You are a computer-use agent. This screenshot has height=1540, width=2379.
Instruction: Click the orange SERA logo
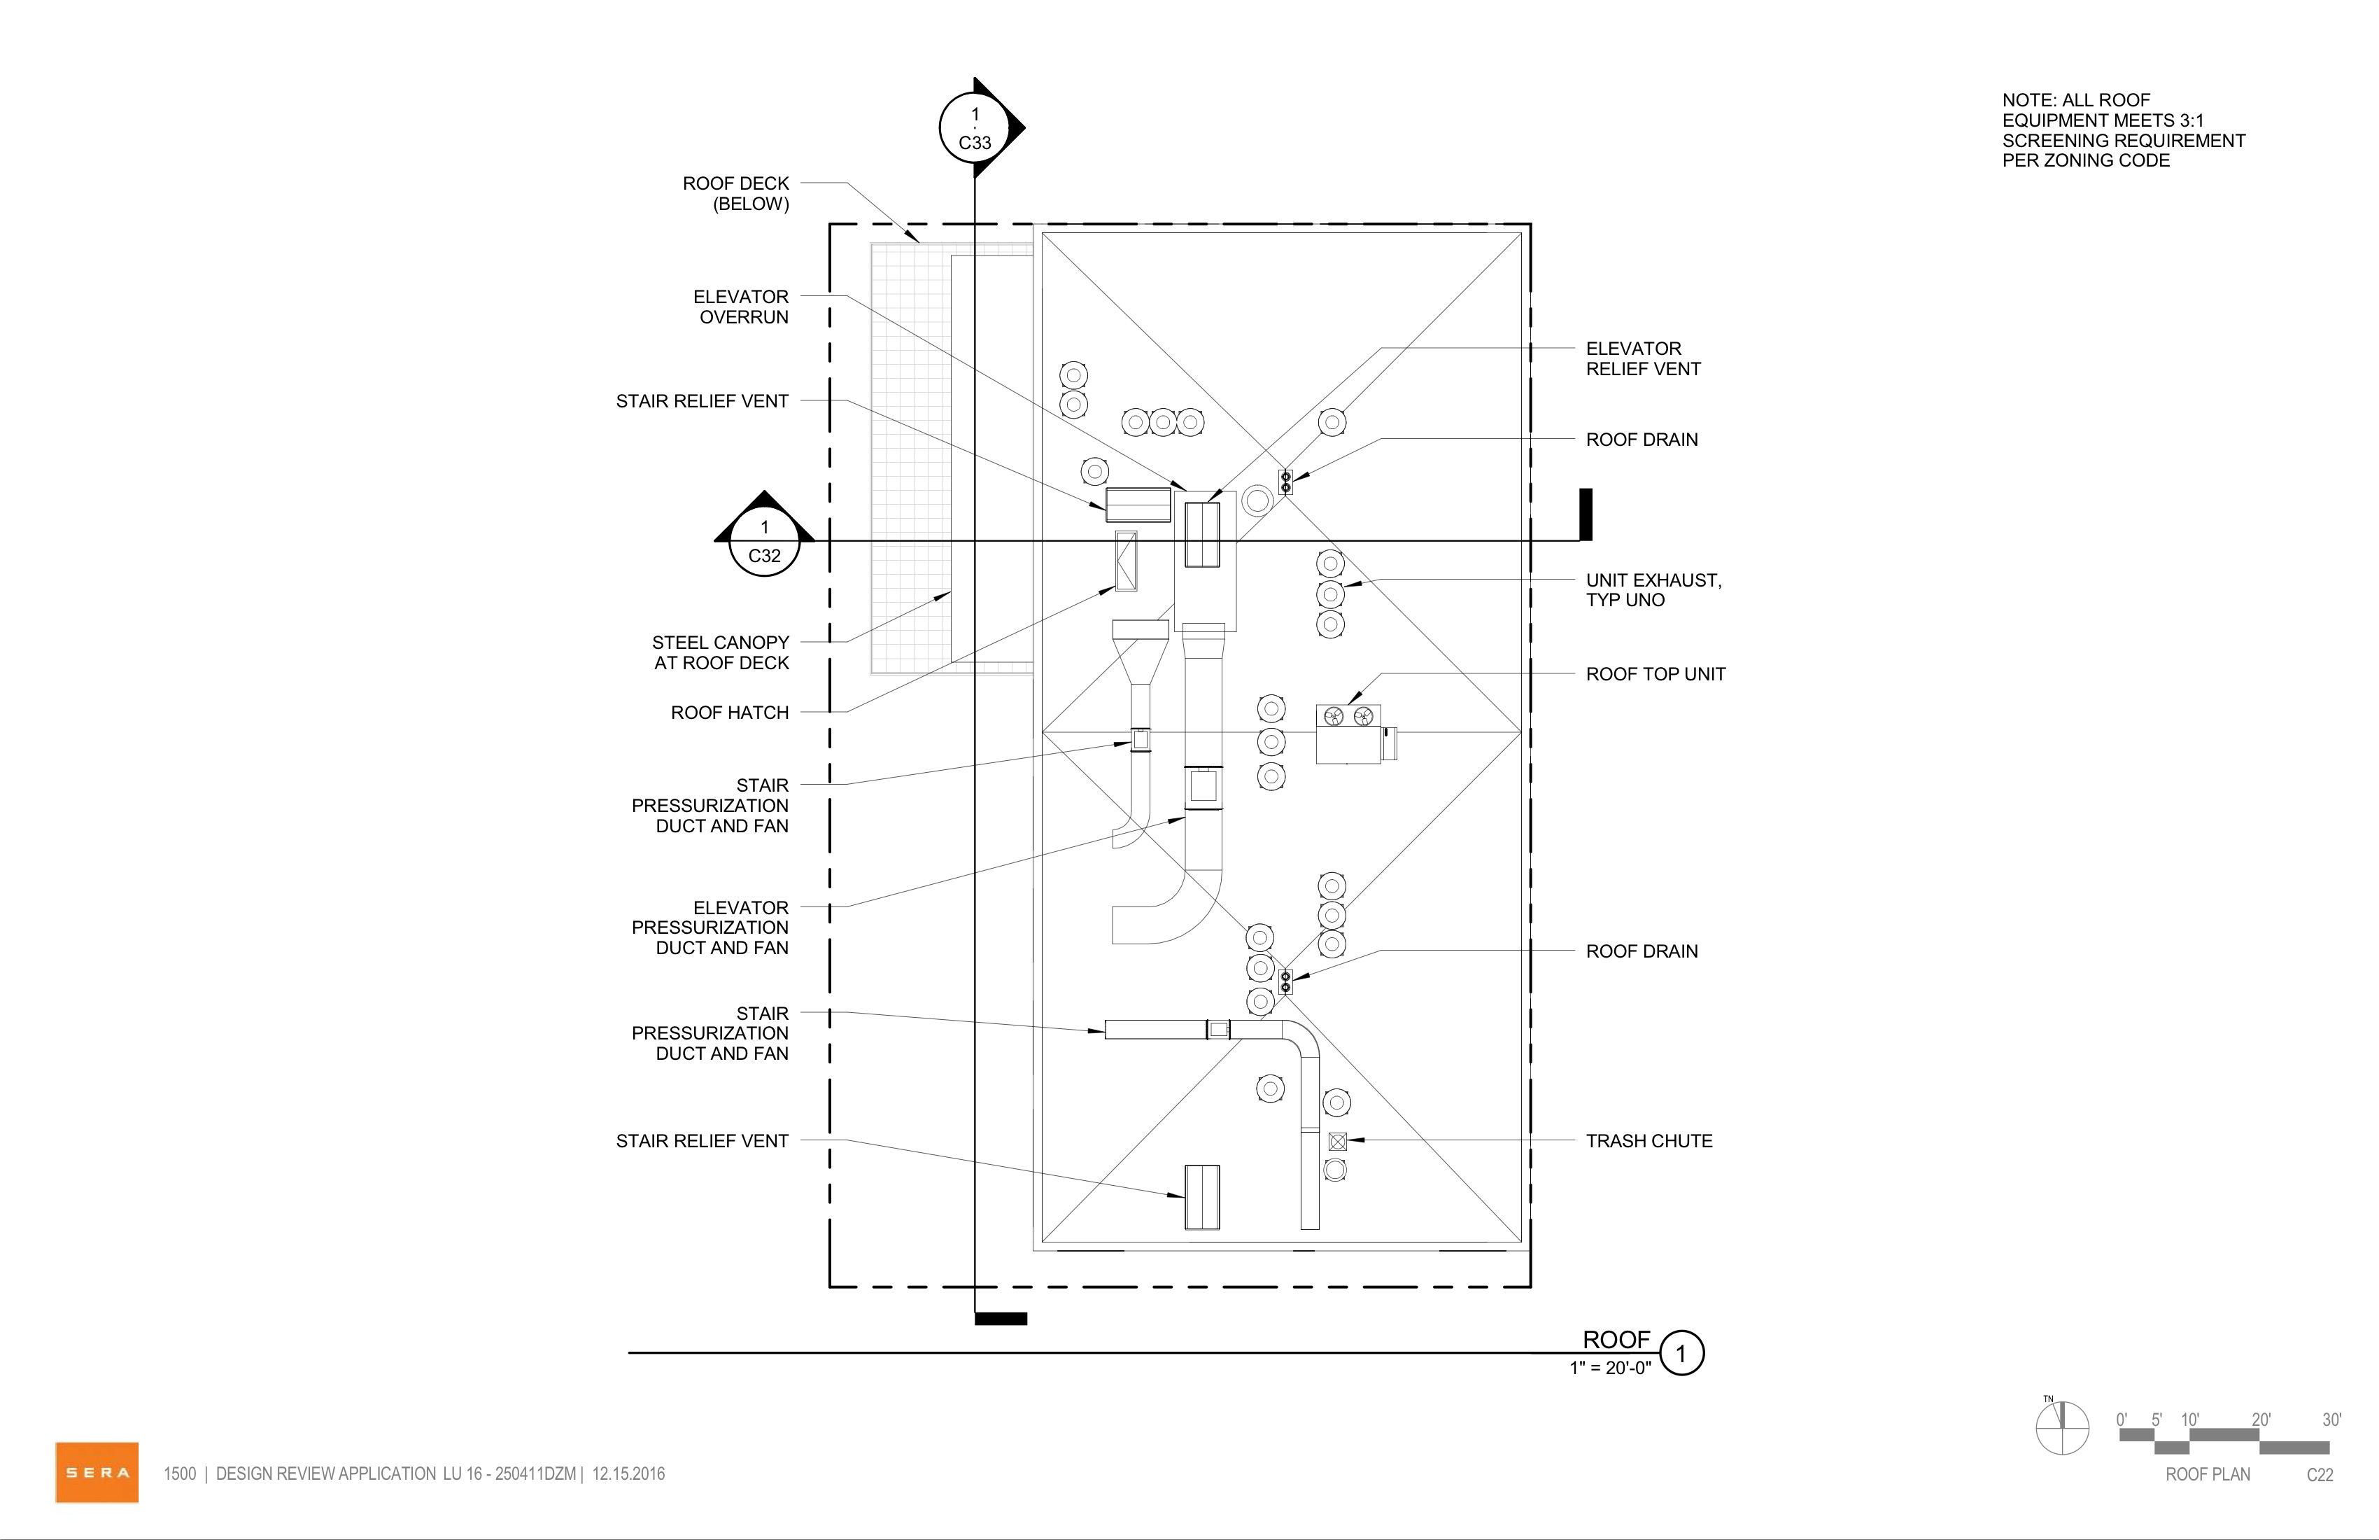pos(97,1472)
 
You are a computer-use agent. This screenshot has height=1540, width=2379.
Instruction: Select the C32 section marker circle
pos(765,541)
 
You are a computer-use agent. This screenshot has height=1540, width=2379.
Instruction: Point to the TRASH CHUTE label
pos(1649,1141)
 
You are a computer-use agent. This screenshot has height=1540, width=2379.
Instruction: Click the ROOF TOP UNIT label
pos(1656,674)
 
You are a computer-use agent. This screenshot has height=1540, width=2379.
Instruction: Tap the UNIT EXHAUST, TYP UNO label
pos(1653,590)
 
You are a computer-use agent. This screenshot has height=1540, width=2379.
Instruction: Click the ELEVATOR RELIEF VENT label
pos(1644,358)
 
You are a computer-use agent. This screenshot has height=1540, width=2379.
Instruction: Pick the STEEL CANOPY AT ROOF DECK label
pos(721,652)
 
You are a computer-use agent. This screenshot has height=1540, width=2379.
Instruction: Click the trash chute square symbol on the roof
pos(1337,1141)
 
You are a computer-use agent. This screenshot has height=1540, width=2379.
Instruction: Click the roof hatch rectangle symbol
pos(1127,561)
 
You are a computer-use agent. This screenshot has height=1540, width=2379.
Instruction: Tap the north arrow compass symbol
pos(2062,1428)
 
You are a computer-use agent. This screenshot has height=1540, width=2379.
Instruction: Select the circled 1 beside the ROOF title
pos(1681,1354)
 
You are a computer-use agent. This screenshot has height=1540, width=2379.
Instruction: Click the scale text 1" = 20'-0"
pos(1610,1368)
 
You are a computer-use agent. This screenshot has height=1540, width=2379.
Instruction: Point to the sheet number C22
pos(2320,1475)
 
